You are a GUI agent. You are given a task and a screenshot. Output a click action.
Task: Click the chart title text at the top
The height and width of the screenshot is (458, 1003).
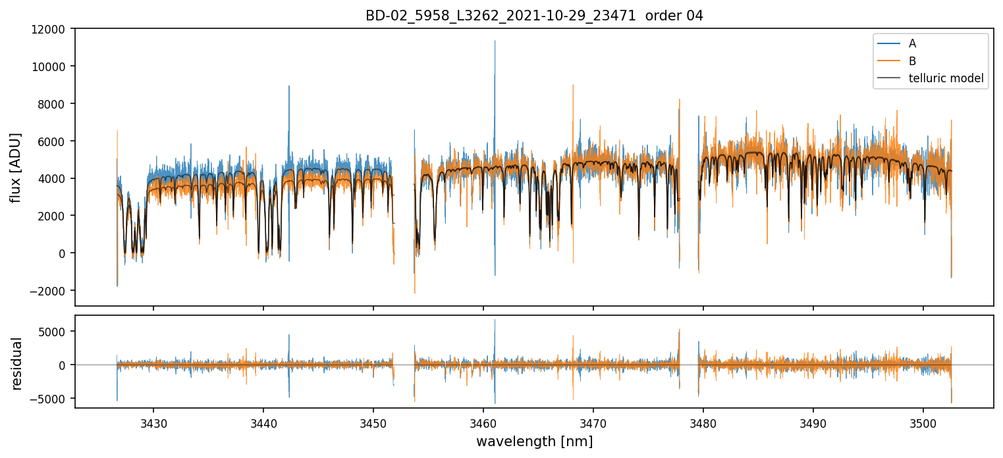point(534,15)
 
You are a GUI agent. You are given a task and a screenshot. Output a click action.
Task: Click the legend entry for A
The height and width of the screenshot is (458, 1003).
point(912,43)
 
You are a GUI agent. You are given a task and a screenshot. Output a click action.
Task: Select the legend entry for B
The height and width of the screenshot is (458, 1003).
point(912,61)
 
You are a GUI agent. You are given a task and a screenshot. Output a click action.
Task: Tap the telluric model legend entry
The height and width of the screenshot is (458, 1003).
point(946,79)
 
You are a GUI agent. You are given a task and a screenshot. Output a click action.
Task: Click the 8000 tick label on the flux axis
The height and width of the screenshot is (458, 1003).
point(53,104)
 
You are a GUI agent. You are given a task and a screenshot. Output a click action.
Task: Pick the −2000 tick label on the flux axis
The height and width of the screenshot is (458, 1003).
point(50,291)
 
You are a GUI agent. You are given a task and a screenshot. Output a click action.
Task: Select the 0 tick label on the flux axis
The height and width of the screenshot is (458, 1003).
point(63,253)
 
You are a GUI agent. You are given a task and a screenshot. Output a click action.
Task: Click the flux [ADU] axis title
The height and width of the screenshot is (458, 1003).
point(16,167)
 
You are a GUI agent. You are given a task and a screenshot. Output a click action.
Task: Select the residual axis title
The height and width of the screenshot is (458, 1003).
point(16,363)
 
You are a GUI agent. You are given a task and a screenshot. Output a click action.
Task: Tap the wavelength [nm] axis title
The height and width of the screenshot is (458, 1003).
point(534,442)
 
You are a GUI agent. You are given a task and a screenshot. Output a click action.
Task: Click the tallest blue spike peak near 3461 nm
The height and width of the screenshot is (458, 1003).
point(495,41)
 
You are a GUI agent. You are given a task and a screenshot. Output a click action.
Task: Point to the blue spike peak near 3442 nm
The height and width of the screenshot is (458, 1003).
point(288,86)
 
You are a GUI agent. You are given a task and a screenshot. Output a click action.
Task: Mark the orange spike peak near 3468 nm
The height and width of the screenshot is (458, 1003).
point(573,85)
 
